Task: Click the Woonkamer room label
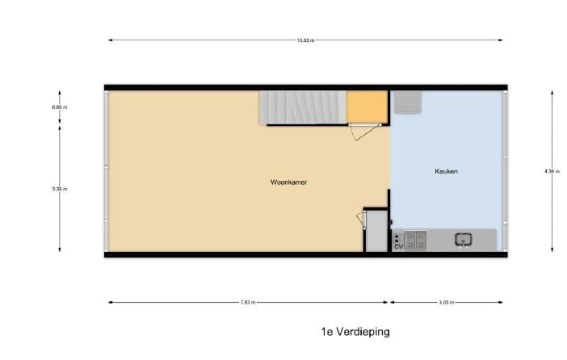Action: pos(288,182)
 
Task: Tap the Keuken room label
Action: pos(447,171)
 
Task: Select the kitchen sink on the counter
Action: pos(464,239)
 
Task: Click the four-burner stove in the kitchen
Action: pos(415,240)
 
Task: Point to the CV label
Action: pos(398,246)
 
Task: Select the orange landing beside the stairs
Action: pos(366,107)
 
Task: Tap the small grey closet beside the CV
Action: pos(376,232)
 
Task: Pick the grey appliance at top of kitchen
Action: pos(407,102)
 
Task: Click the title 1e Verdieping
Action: pos(355,332)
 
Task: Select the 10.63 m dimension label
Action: pos(305,40)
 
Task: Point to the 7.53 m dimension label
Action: pos(248,303)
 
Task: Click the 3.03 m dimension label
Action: pos(446,303)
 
